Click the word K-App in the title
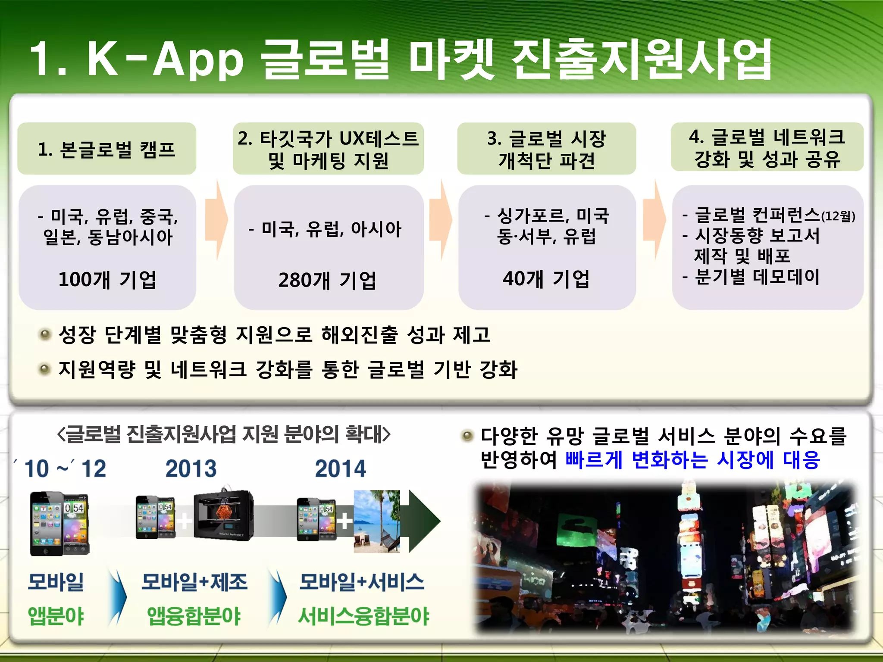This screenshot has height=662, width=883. click(x=166, y=59)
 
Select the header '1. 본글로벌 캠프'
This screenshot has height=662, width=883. click(x=106, y=150)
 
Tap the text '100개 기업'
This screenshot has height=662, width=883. click(x=107, y=280)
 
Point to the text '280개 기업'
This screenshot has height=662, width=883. click(x=327, y=280)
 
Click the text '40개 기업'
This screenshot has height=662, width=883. click(x=546, y=279)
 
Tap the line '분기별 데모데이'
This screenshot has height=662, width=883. click(x=757, y=277)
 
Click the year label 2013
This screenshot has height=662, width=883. click(x=191, y=469)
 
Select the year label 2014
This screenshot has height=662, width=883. click(x=340, y=469)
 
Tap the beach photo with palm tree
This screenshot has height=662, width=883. click(x=376, y=521)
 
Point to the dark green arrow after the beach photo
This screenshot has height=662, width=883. click(x=423, y=521)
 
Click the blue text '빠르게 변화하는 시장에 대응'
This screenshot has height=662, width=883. click(x=692, y=460)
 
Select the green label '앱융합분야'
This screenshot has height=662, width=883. click(x=194, y=616)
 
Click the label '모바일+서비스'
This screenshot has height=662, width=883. click(x=362, y=582)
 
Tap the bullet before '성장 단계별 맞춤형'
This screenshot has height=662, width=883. click(x=44, y=334)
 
